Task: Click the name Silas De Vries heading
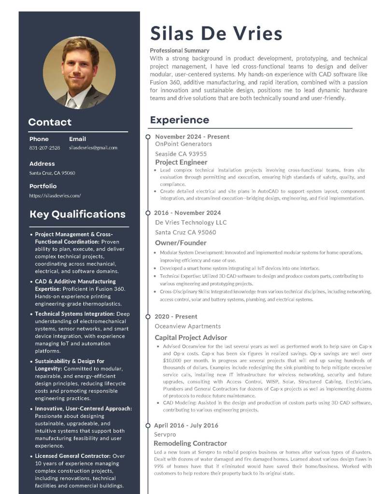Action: [216, 33]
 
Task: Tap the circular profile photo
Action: [79, 72]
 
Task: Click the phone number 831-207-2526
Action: [44, 148]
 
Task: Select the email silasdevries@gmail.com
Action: [93, 148]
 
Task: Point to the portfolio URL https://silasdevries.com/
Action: [55, 196]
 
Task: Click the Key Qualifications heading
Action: [77, 214]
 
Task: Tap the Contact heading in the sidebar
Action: [50, 122]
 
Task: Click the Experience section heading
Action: [179, 120]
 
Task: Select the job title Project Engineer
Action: [181, 162]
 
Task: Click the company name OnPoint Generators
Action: [183, 144]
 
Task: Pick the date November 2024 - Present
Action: [192, 137]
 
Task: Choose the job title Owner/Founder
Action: [181, 243]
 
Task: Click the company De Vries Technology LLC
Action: [191, 223]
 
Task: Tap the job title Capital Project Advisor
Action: [191, 338]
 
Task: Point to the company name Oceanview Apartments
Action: [188, 326]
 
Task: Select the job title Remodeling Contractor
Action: [190, 443]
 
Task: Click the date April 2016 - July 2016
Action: [186, 425]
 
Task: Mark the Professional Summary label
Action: [180, 50]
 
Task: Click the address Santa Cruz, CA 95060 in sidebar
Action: [52, 173]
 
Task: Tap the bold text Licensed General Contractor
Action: [73, 456]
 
